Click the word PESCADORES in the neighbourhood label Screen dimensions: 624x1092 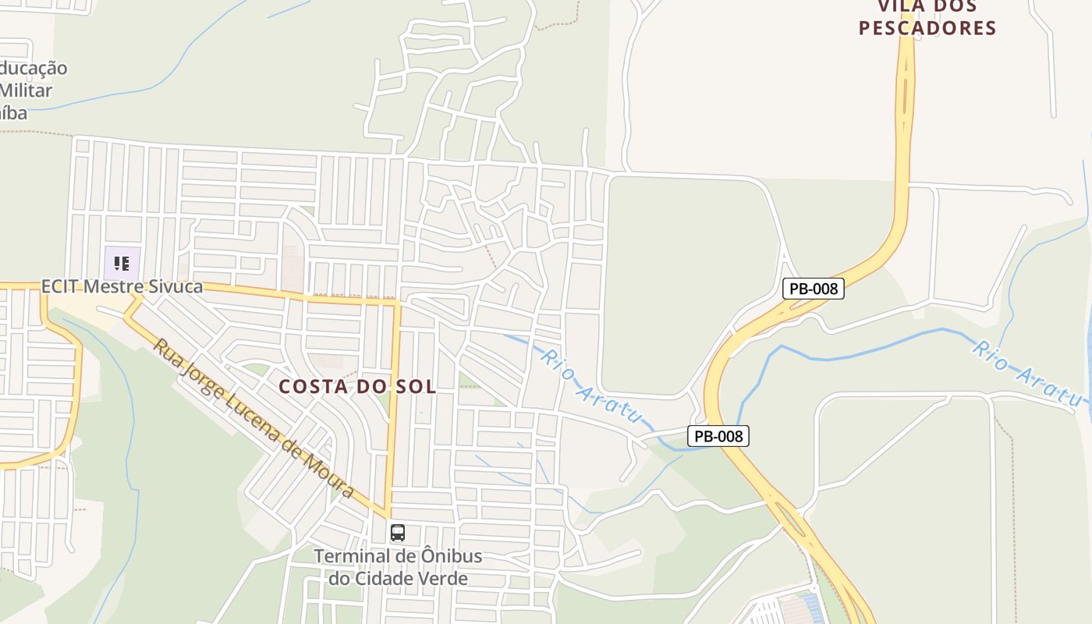click(927, 28)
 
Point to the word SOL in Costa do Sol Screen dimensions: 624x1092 click(418, 386)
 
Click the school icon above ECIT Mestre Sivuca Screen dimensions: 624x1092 click(122, 263)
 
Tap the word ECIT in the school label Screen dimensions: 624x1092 click(60, 286)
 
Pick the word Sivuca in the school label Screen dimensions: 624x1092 click(173, 286)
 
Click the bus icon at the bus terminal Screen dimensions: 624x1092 click(398, 534)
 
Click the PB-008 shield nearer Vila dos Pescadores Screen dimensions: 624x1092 click(814, 289)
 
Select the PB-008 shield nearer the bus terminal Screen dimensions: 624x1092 click(718, 436)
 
